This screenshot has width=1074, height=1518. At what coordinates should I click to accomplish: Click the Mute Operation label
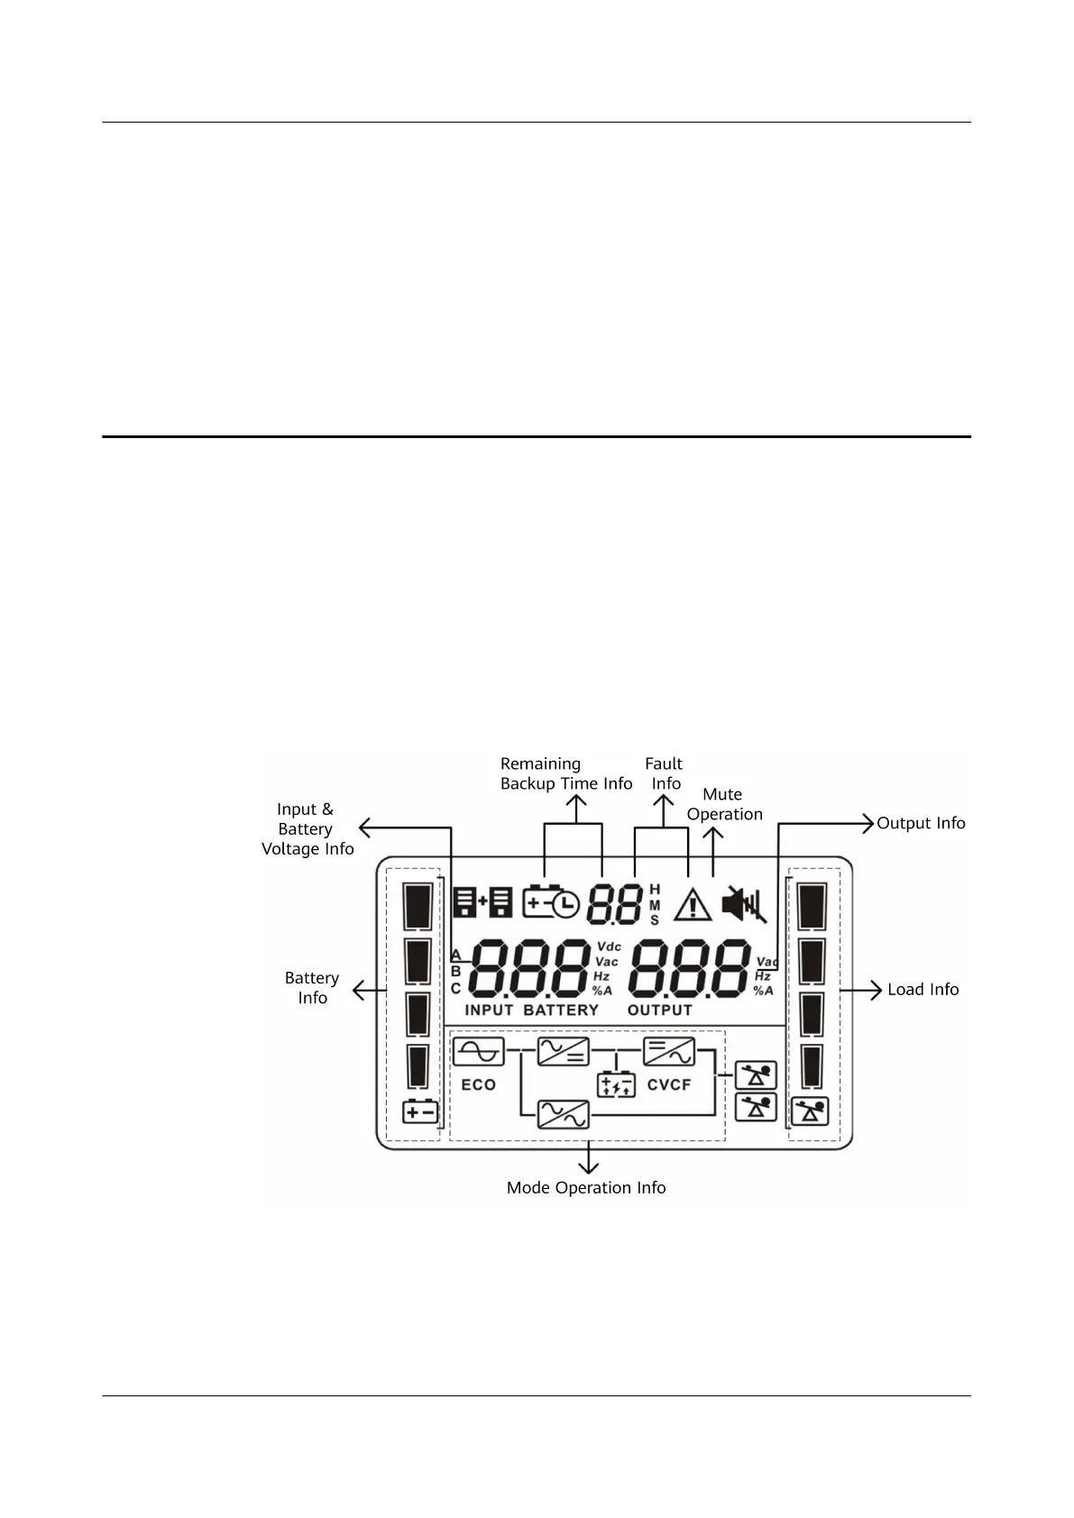[724, 804]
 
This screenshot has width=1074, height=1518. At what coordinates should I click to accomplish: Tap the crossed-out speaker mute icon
[744, 904]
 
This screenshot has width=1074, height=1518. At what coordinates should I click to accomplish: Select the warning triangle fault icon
[693, 904]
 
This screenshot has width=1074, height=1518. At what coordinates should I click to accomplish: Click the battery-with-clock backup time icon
[550, 902]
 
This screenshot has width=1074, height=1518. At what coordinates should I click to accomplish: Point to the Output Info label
[921, 823]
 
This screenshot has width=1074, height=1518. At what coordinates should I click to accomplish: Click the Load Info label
[923, 990]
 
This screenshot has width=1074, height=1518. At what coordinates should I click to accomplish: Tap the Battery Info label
[312, 988]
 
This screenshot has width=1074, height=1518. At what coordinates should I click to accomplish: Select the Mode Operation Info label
[586, 1188]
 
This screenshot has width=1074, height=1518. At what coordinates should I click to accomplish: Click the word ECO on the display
[478, 1085]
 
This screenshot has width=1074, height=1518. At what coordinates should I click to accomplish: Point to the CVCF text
[669, 1085]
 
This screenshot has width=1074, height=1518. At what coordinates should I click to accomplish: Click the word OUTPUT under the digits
[660, 1010]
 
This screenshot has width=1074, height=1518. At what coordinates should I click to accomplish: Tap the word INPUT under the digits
[489, 1010]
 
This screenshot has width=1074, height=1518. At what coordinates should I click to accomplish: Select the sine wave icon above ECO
[478, 1052]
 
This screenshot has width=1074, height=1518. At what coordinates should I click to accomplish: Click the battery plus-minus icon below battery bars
[420, 1112]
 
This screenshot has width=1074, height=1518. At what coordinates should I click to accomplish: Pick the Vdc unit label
[609, 946]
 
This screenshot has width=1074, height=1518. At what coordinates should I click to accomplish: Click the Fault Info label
[665, 773]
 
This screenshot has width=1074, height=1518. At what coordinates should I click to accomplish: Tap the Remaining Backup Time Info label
[566, 773]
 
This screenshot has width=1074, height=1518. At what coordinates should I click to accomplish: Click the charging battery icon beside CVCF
[617, 1084]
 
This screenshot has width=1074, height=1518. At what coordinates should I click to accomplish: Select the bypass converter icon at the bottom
[564, 1115]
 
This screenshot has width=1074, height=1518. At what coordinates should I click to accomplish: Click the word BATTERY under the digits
[561, 1010]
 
